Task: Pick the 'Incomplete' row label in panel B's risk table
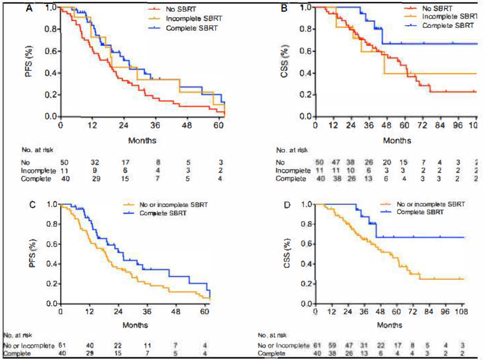(291, 170)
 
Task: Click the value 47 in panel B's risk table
(335, 162)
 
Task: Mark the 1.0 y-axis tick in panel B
(306, 8)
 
